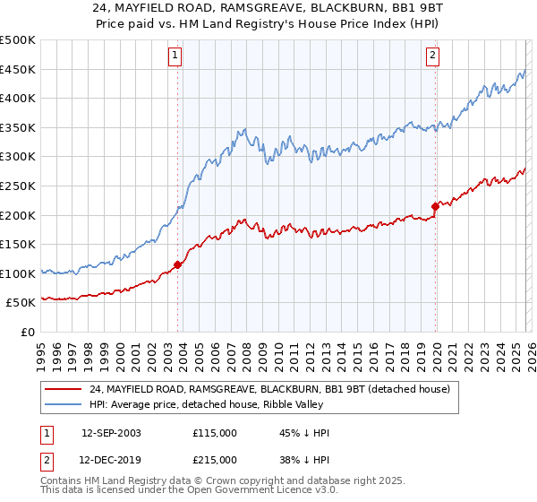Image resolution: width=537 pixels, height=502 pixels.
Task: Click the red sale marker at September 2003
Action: pos(178,264)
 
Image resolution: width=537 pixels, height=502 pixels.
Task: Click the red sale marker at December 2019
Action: pos(436,206)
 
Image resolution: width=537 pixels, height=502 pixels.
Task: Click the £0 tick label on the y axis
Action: pos(29,332)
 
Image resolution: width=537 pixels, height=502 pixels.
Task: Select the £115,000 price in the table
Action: pos(215,433)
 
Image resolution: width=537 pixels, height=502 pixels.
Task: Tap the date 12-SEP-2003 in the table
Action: pos(111,433)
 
